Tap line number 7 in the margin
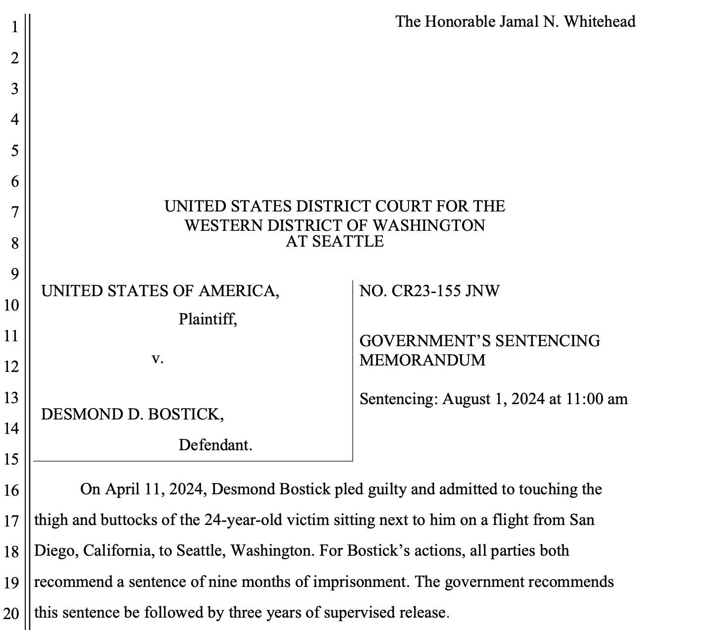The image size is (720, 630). tap(15, 212)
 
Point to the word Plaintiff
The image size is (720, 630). tap(207, 319)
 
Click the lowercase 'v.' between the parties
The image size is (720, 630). tap(157, 358)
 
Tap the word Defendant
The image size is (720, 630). tap(215, 445)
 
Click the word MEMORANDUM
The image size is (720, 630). tap(422, 360)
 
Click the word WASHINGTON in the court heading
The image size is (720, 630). tap(429, 225)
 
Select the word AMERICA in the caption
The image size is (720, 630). tap(239, 291)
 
